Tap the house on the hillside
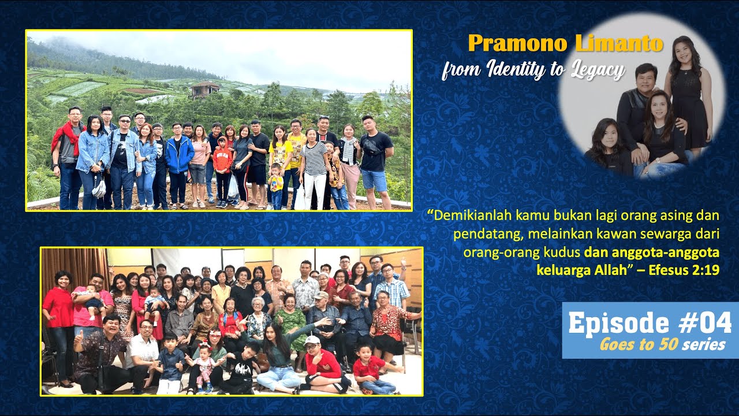206,88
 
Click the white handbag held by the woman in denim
99,188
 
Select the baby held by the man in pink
87,298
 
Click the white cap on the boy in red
312,340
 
